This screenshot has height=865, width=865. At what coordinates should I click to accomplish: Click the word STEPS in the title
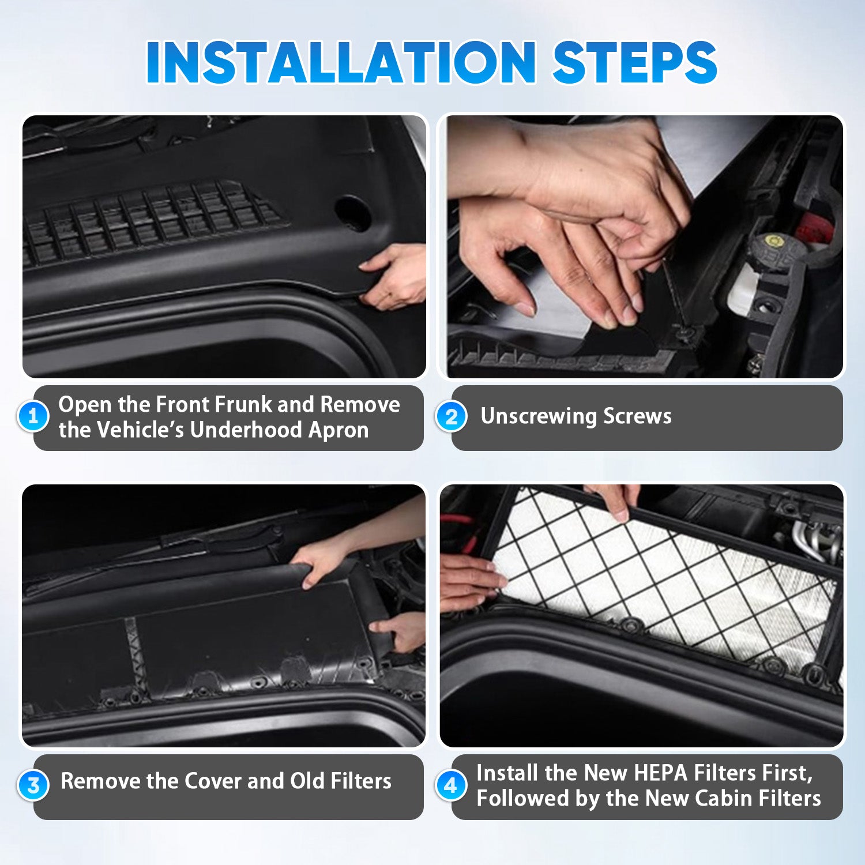coord(635,62)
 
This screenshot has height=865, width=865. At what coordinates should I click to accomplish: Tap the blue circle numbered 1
coord(33,416)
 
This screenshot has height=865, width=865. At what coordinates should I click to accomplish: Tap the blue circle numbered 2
coord(452,416)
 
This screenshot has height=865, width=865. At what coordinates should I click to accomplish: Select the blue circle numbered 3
coord(33,785)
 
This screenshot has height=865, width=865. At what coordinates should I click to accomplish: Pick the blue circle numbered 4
coord(451,785)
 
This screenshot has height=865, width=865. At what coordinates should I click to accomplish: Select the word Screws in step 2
coord(637,416)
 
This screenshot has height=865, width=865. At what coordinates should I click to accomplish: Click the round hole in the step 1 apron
coord(352,212)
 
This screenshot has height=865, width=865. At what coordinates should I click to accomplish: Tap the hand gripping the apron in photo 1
coord(394,276)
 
